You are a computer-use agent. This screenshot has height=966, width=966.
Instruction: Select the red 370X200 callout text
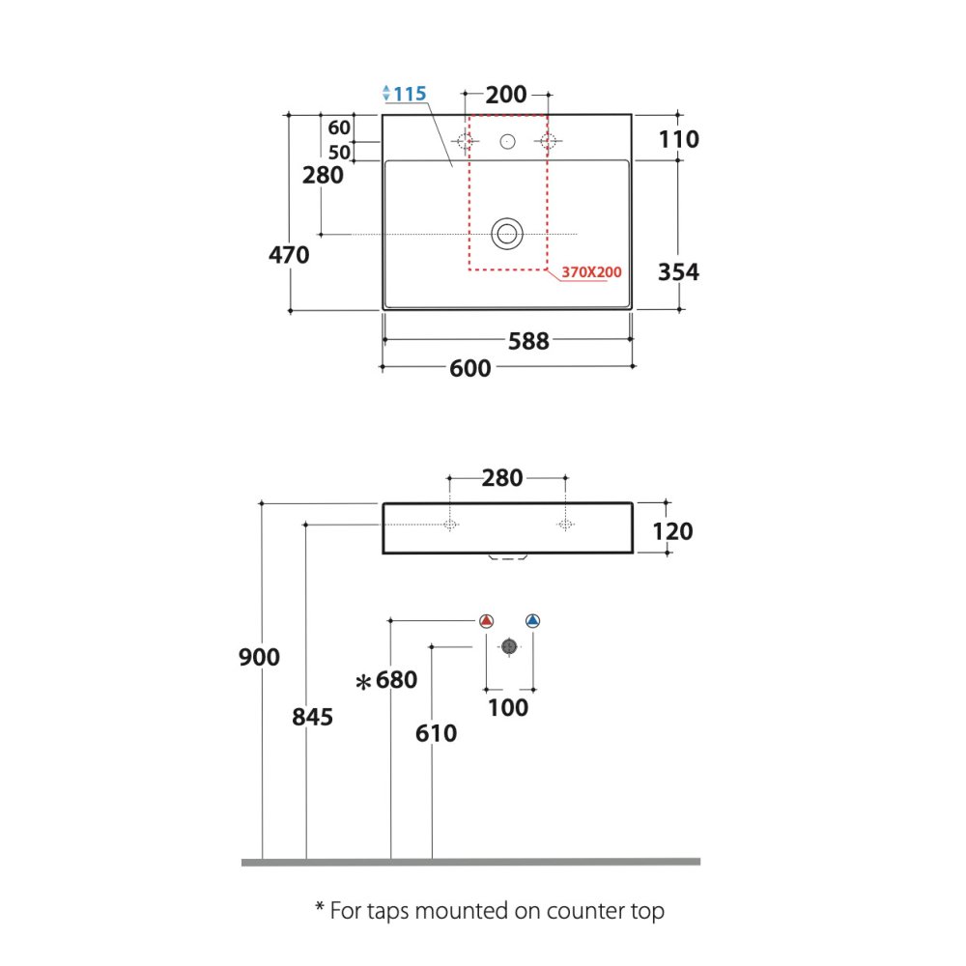591,271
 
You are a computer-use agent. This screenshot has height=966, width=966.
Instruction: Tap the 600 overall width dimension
470,368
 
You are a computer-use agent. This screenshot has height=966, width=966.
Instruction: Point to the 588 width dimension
528,341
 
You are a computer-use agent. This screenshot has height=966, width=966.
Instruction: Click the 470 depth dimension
289,254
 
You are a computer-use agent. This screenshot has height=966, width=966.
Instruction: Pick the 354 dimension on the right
678,271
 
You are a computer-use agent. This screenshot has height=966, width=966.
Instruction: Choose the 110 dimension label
679,139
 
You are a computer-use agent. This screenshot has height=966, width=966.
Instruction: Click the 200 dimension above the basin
506,95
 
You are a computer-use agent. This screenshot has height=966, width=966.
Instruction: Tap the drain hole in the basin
507,234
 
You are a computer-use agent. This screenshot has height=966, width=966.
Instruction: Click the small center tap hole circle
508,142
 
